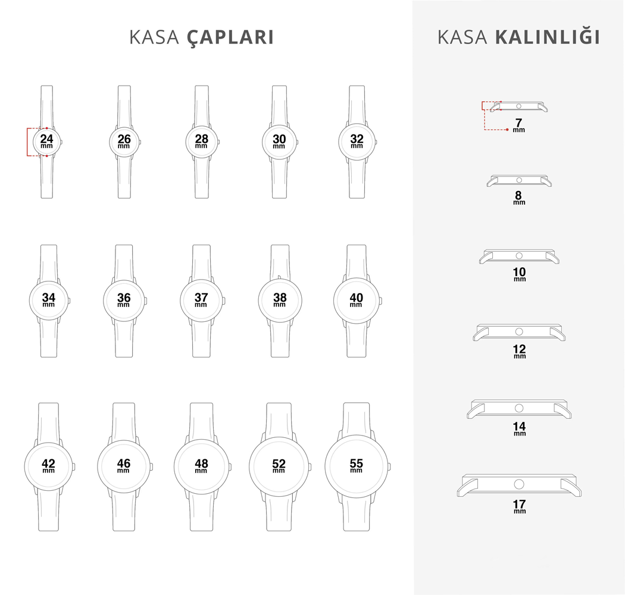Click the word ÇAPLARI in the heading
[x=230, y=37]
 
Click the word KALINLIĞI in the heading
[x=547, y=37]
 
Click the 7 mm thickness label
[x=518, y=125]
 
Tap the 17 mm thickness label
[x=520, y=506]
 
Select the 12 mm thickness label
[x=520, y=352]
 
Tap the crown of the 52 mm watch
[x=310, y=466]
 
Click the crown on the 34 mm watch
[x=70, y=300]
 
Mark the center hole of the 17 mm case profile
[x=519, y=484]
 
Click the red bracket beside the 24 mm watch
[x=27, y=142]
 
